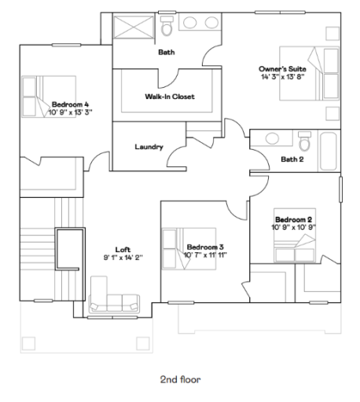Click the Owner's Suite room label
click(x=282, y=69)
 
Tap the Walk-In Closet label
click(x=170, y=97)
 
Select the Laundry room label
click(x=149, y=147)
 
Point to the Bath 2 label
click(x=292, y=159)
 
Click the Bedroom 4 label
click(x=72, y=104)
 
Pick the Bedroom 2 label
click(x=294, y=219)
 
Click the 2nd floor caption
click(x=180, y=379)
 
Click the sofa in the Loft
click(x=115, y=296)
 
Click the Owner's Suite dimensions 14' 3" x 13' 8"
click(x=282, y=77)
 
